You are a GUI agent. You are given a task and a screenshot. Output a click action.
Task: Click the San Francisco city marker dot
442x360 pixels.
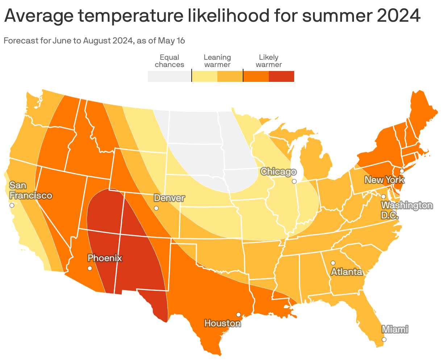tap(12, 205)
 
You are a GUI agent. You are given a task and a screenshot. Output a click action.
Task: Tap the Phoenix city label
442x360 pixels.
tap(105, 258)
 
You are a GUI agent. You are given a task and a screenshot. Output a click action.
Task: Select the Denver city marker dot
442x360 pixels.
tap(156, 208)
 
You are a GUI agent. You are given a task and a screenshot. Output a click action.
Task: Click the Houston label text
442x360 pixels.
tap(222, 323)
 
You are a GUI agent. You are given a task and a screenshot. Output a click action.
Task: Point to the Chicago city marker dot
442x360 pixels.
tap(294, 181)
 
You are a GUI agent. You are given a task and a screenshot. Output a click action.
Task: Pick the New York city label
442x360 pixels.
tap(384, 180)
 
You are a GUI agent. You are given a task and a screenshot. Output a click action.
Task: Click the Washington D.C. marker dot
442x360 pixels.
tap(383, 197)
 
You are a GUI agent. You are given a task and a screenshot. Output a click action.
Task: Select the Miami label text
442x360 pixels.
tap(395, 329)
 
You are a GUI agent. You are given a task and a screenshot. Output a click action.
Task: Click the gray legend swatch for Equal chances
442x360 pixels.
tap(169, 76)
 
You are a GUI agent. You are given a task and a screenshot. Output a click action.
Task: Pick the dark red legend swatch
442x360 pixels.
tap(282, 76)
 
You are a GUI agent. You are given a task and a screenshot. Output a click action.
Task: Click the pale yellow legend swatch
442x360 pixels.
tap(204, 76)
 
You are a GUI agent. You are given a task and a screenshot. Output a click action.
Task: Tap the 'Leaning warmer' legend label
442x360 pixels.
tap(217, 61)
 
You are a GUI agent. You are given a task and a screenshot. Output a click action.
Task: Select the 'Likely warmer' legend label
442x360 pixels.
tap(268, 61)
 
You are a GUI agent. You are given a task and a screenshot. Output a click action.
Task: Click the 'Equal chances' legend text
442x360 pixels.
tap(169, 61)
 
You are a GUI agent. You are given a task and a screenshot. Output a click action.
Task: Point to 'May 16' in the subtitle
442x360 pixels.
tap(171, 41)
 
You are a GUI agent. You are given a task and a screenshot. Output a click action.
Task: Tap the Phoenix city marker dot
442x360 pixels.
tap(90, 268)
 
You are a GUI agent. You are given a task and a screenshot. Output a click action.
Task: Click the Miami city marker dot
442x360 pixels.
tap(384, 339)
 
